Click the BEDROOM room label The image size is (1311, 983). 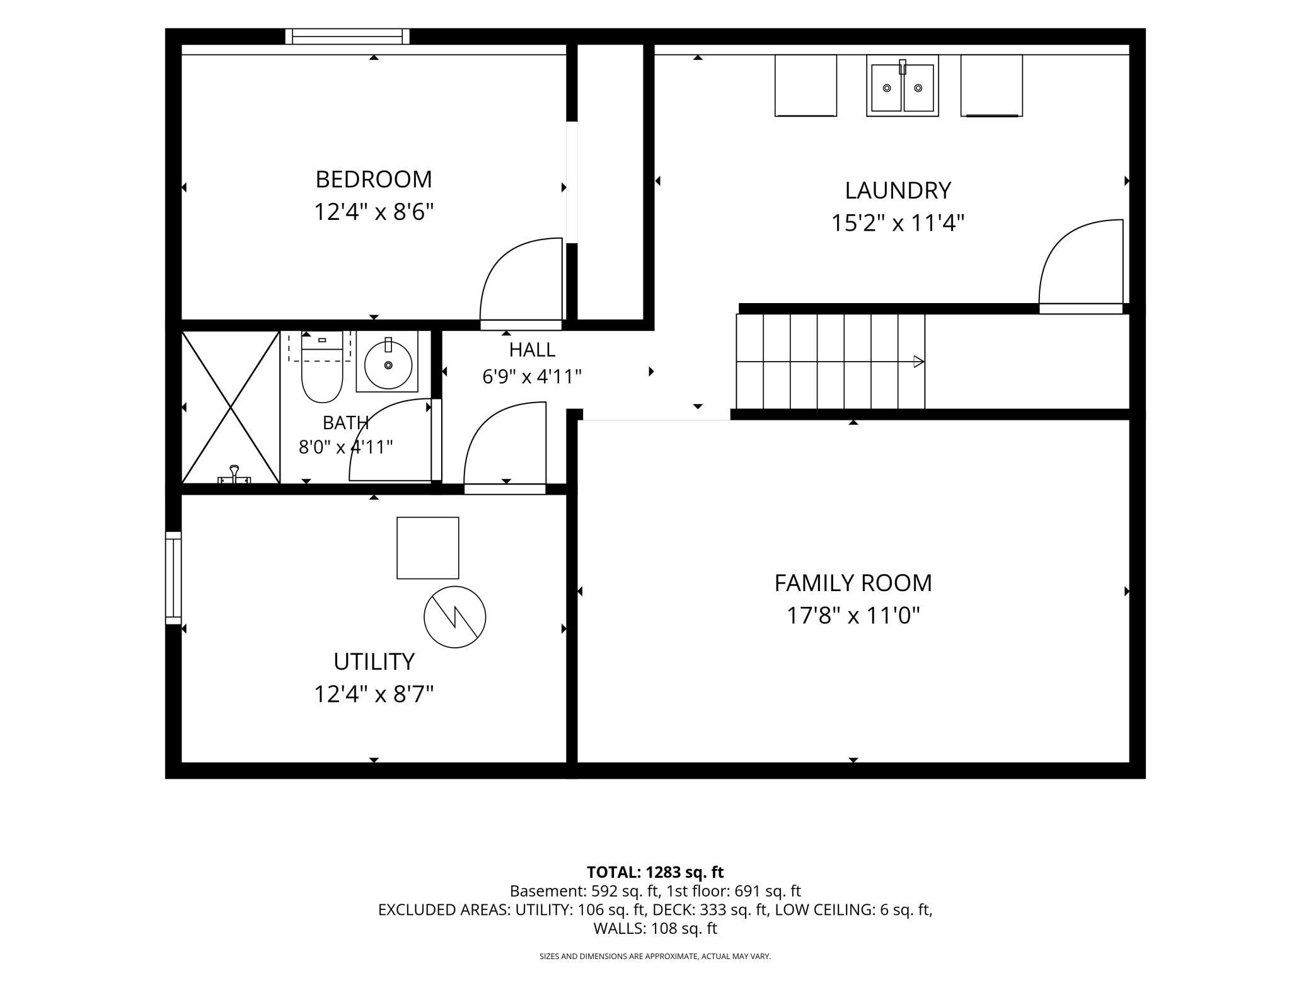374,180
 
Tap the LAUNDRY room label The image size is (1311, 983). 898,190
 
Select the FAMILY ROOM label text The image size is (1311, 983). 853,583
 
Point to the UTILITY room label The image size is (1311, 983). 374,662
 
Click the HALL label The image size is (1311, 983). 532,350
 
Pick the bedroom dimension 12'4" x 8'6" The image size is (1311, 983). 374,212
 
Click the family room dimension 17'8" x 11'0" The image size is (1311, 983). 853,616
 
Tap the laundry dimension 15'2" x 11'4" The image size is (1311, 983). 898,223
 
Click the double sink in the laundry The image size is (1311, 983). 903,86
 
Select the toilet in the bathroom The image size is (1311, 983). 322,367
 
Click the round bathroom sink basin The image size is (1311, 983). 388,364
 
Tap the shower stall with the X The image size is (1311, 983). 231,408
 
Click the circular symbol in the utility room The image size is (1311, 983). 454,617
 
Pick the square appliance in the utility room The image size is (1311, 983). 428,548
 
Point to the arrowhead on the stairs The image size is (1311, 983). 919,362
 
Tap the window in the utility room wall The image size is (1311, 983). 173,578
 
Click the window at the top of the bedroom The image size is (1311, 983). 347,37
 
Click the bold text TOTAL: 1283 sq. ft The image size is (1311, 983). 655,872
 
